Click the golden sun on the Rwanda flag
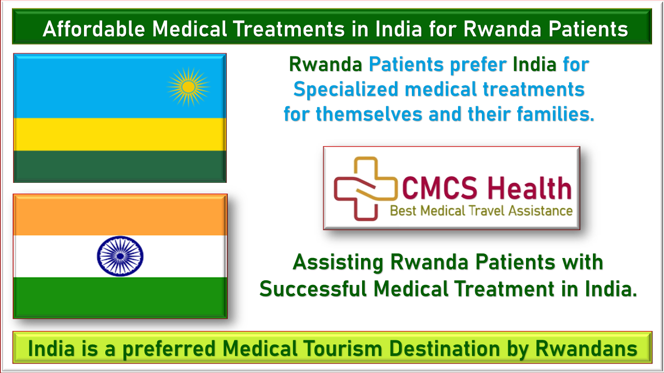tap(188, 87)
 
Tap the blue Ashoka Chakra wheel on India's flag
tap(120, 256)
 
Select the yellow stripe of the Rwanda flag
tap(120, 134)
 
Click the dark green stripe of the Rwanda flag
tap(120, 166)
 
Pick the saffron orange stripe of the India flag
tap(120, 216)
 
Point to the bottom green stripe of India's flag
tap(120, 297)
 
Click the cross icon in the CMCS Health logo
tap(366, 189)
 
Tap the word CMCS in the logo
tap(439, 188)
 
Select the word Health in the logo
tap(530, 188)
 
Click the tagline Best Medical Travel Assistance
tap(481, 211)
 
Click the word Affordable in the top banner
tap(94, 29)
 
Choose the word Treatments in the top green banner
tap(289, 29)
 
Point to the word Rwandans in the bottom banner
tap(586, 349)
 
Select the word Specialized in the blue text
tap(345, 90)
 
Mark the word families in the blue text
tap(555, 114)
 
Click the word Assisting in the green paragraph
tap(338, 263)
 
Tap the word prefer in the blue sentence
tap(478, 65)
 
